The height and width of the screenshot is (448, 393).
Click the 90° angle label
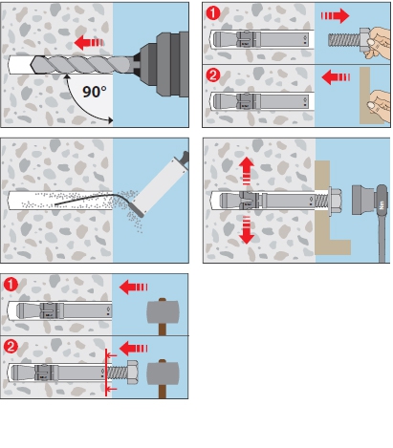pos(95,92)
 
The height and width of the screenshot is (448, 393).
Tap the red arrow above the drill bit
pos(89,42)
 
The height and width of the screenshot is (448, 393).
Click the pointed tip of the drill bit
pos(31,65)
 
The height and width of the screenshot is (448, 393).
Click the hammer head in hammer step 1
pos(163,312)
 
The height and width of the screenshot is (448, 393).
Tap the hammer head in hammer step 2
pos(163,373)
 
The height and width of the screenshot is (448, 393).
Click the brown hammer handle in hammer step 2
pos(163,392)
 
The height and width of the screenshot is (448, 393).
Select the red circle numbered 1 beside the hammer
pos(11,285)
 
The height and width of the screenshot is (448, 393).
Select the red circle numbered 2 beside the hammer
pos(11,347)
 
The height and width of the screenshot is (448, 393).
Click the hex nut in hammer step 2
pos(132,373)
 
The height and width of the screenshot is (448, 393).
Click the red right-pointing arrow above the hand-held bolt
pos(335,16)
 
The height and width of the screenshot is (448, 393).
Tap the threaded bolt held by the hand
pos(344,39)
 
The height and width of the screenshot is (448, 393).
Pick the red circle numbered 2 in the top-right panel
pos(213,75)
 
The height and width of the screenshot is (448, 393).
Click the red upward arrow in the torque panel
pos(247,171)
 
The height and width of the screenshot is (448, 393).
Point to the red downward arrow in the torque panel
pos(247,230)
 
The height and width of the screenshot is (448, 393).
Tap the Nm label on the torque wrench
pos(382,204)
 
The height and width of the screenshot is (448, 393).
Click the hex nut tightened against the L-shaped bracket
pos(335,201)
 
